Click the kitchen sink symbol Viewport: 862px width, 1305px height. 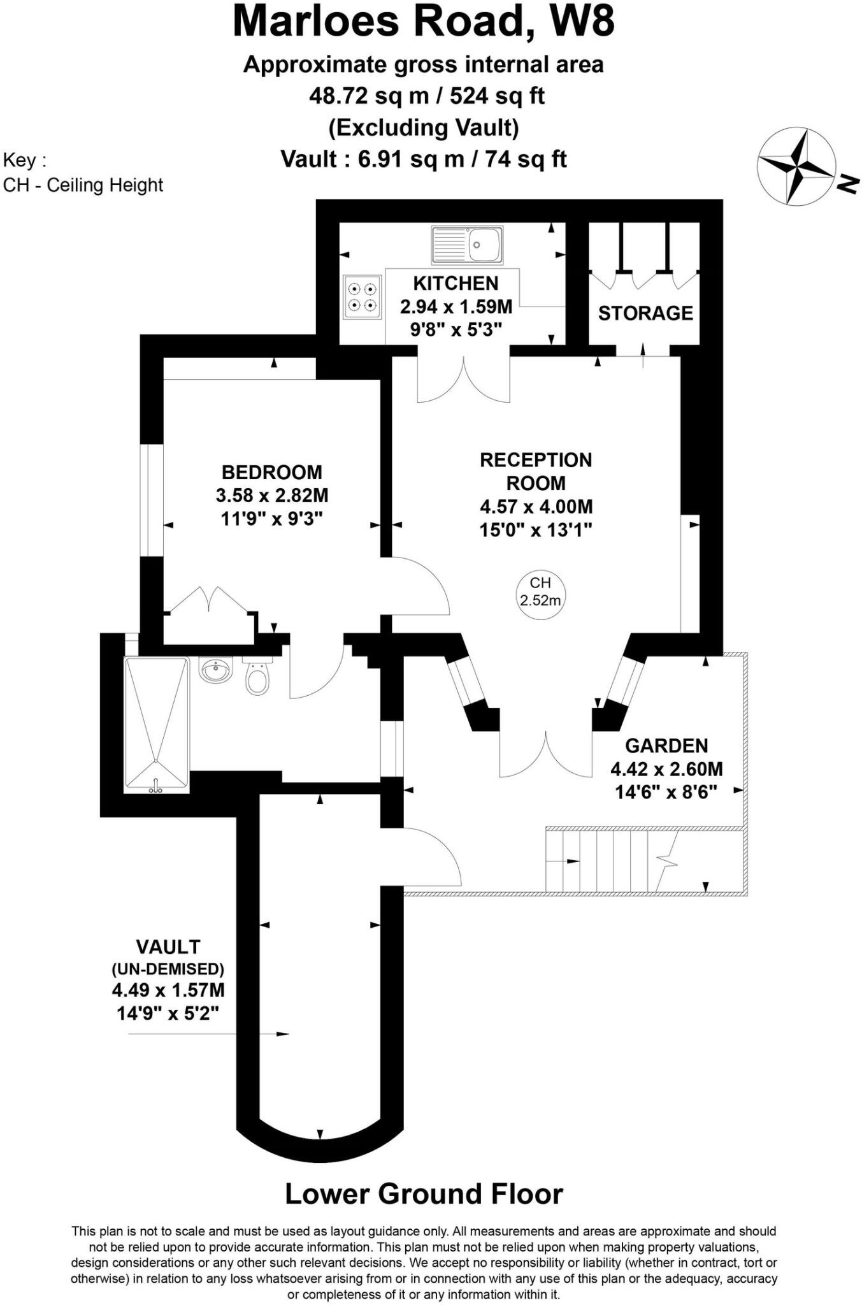pos(467,244)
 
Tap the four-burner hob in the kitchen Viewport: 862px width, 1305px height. pos(363,297)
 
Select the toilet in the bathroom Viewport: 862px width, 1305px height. pos(257,677)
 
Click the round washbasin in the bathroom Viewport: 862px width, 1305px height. pos(217,670)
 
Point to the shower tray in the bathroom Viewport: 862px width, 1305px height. pos(156,725)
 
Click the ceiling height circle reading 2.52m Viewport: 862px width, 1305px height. pos(540,591)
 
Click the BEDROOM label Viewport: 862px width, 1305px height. pos(272,472)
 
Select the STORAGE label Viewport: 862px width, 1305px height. pos(645,313)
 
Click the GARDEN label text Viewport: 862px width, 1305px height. pos(666,746)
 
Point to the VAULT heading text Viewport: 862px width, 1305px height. pos(168,947)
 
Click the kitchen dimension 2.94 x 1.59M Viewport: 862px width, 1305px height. pos(456,307)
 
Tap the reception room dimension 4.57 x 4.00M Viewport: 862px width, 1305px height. pos(536,507)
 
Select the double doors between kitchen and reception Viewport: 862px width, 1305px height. pos(463,379)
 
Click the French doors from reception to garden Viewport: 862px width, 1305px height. pos(545,755)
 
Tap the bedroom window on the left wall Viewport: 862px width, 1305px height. pos(152,500)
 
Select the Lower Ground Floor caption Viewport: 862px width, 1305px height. pos(424,1194)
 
